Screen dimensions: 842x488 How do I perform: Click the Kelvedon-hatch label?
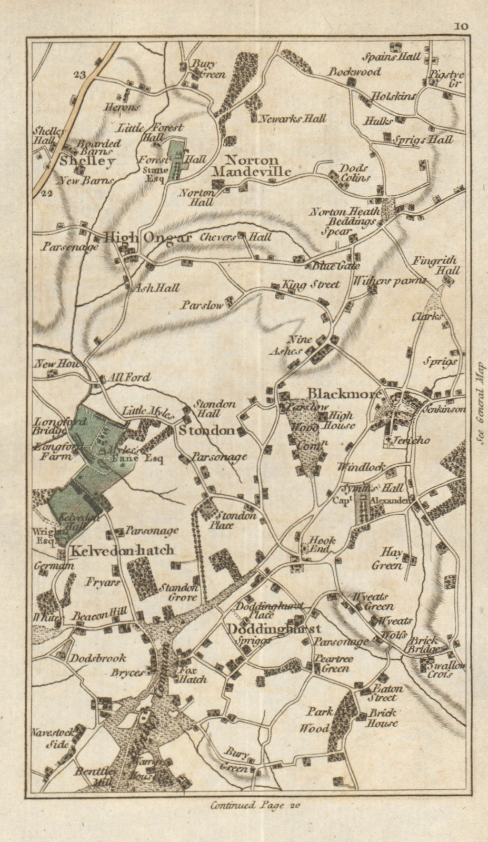(x=122, y=550)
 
